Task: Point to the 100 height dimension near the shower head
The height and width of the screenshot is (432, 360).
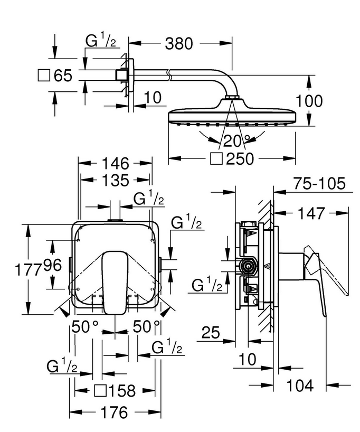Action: (x=323, y=100)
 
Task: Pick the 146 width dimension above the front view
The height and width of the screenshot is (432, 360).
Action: (x=114, y=163)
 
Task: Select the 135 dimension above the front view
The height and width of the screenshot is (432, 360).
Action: (x=114, y=181)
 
